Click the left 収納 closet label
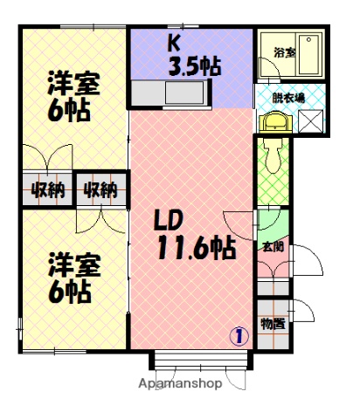[x=47, y=189]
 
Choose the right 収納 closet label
[x=100, y=189]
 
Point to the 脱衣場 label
[x=288, y=98]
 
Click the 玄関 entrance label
[x=272, y=246]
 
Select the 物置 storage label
[x=273, y=324]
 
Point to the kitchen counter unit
[x=171, y=93]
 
